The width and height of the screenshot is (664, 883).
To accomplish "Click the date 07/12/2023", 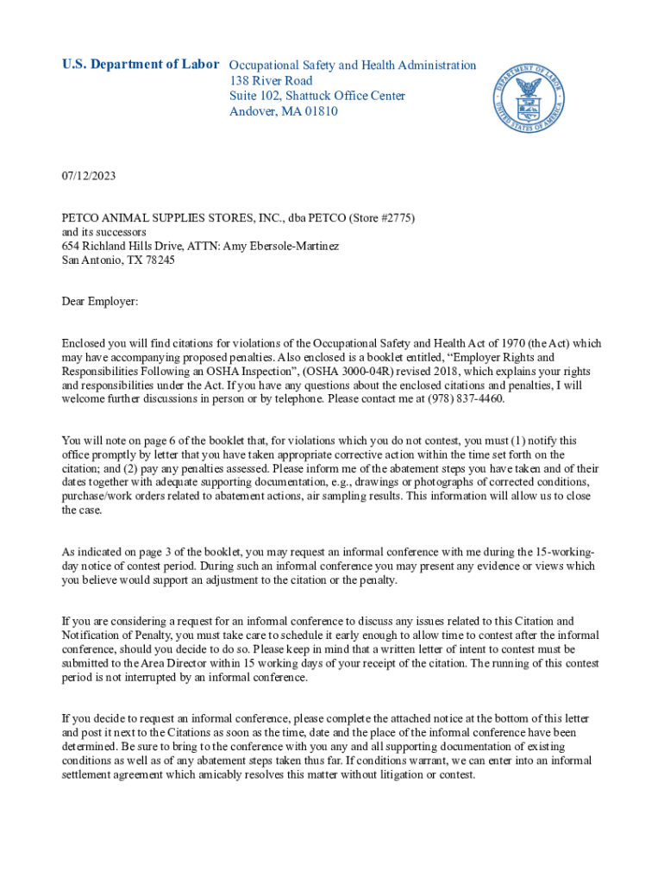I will point(89,176).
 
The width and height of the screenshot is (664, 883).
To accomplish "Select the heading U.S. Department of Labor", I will point(141,65).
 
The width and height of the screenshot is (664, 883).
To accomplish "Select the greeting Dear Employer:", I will point(100,301).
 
